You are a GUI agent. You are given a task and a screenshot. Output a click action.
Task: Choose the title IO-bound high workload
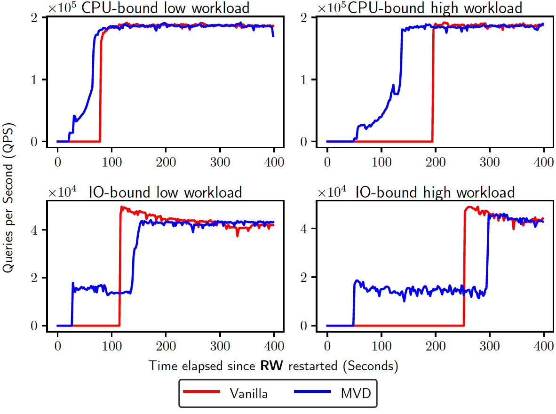click(x=435, y=192)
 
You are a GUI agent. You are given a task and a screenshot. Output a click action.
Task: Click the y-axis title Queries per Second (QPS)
click(x=8, y=198)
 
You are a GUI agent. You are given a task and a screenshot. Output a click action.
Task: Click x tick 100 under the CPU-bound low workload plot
click(x=111, y=163)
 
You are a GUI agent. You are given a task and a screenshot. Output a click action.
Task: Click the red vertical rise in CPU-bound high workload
click(x=433, y=85)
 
